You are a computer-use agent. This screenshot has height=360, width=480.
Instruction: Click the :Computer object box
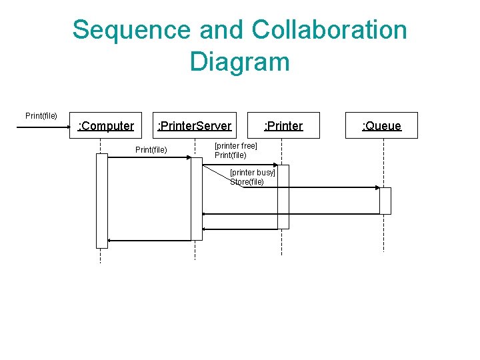[106, 125]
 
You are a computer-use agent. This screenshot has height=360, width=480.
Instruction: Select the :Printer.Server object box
[194, 125]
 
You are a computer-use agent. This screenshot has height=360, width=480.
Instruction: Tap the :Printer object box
[283, 125]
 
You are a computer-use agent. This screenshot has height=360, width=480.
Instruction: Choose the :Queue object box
[381, 125]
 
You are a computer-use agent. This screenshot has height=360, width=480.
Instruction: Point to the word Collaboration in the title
[330, 30]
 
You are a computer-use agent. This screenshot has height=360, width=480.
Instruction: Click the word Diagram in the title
[239, 61]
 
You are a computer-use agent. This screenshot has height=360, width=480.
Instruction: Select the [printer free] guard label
[235, 146]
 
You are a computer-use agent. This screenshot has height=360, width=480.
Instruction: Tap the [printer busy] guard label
[252, 173]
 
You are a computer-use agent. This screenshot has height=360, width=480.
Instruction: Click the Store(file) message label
[247, 182]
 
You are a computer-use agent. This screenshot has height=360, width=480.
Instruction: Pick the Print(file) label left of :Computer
[41, 116]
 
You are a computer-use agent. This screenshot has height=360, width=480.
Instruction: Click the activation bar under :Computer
[101, 201]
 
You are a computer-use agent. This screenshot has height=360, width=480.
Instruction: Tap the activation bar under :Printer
[283, 197]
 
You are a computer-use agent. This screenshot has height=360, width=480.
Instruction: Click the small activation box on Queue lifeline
[385, 201]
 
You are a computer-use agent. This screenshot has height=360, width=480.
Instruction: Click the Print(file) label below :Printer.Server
[151, 149]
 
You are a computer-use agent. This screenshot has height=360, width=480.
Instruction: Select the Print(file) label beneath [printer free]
[230, 155]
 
